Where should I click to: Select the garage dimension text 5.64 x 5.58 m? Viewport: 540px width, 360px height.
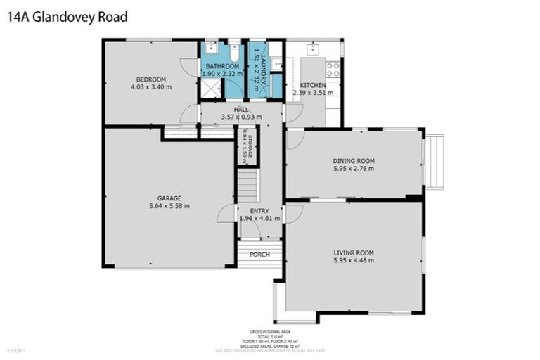(x=169, y=206)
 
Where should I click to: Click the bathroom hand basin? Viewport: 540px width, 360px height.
(x=210, y=49)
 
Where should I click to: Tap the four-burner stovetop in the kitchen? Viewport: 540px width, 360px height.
(x=333, y=69)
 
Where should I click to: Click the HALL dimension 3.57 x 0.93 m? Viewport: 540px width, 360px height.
(x=241, y=117)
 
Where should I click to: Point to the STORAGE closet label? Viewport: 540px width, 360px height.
(x=247, y=146)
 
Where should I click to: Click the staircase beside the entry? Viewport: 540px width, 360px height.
(x=247, y=185)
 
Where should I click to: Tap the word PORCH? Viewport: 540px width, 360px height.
(x=259, y=254)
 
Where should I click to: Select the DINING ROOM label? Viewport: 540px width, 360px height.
(x=353, y=160)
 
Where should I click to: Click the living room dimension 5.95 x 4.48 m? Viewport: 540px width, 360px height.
(x=353, y=260)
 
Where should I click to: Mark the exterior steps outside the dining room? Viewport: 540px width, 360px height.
(x=435, y=162)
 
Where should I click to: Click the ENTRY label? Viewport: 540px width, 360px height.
(x=259, y=210)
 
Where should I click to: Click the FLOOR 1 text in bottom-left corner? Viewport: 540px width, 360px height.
(x=16, y=349)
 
